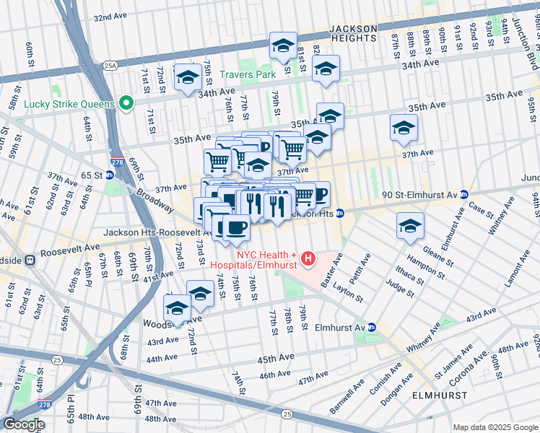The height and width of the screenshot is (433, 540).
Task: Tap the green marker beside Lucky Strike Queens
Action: click(126, 103)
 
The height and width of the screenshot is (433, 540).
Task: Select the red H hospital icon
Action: click(308, 258)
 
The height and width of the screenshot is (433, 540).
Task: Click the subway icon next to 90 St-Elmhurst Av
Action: click(465, 194)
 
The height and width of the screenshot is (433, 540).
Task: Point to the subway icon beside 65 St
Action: click(110, 175)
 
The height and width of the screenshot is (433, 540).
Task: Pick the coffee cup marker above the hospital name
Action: click(235, 228)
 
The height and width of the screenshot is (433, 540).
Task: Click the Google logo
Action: click(24, 424)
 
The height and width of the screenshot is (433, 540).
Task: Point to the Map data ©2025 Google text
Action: click(495, 427)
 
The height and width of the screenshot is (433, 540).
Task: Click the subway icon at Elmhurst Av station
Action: click(372, 327)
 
